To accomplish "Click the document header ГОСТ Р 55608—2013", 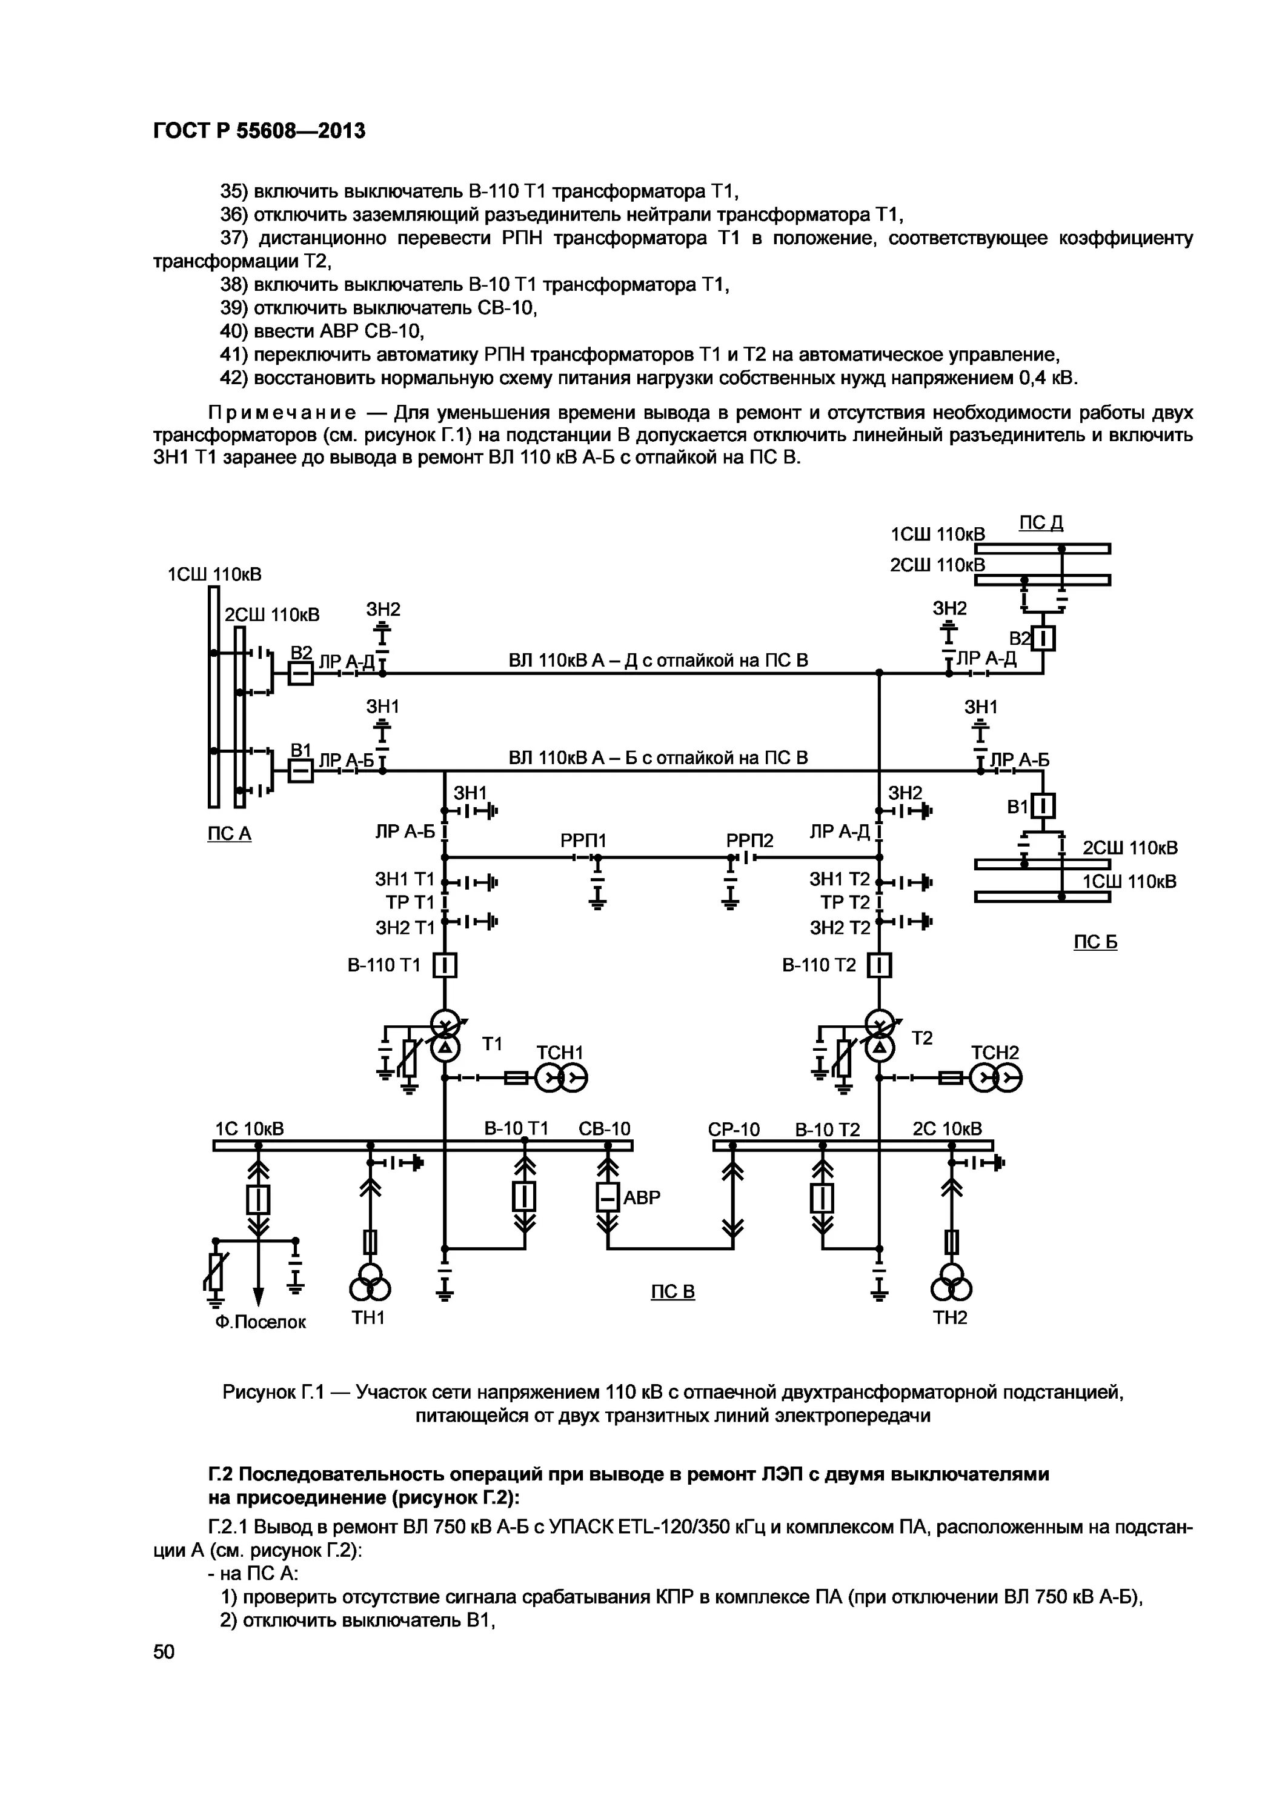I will pos(259,132).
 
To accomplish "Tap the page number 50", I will pos(164,1651).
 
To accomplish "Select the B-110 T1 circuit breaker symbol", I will pos(445,965).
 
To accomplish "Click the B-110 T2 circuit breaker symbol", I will pos(880,965).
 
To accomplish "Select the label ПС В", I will pos(672,1291).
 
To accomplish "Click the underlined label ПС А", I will pos(229,834).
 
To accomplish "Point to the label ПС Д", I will pos(1040,522).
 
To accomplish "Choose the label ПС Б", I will pos(1095,942).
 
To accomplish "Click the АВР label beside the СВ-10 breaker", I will pos(642,1197).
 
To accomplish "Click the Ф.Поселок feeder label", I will pos(260,1322).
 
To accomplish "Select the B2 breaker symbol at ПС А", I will pos(300,674).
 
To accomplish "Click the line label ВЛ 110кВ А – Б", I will pos(658,757).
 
